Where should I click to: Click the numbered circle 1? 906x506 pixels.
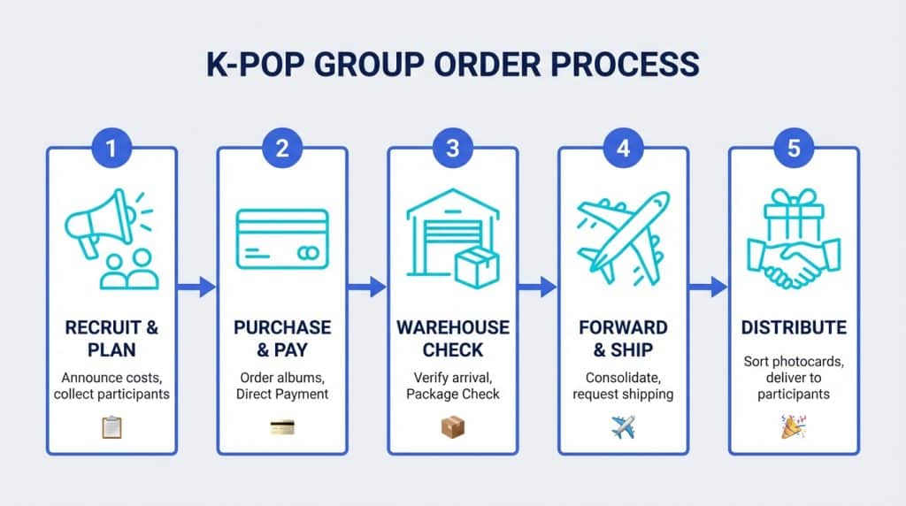[111, 148]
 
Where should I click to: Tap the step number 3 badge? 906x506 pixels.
[453, 148]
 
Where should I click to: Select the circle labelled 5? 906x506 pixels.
[794, 148]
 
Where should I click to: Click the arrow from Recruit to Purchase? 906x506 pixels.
[196, 287]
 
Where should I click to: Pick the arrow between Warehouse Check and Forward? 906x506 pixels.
[537, 287]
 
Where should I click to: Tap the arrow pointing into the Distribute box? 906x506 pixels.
[708, 287]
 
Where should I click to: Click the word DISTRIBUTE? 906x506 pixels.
[794, 328]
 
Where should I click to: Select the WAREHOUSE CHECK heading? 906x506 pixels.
[453, 337]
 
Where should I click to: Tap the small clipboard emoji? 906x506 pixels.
[111, 427]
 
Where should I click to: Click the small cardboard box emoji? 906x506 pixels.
[453, 427]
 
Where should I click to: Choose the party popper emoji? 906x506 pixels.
[794, 427]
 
